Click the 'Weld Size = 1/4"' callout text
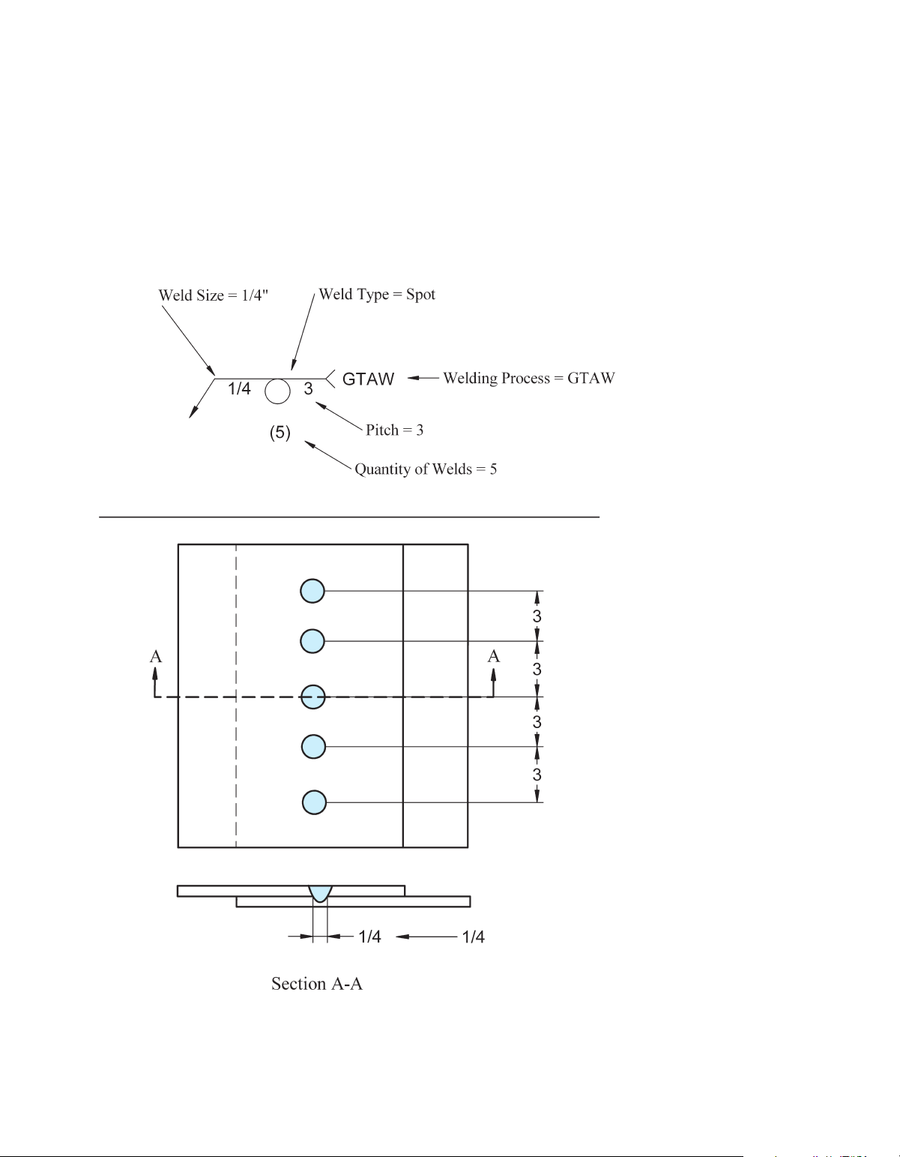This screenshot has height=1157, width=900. pyautogui.click(x=214, y=295)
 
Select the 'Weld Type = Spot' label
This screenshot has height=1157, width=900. pyautogui.click(x=377, y=294)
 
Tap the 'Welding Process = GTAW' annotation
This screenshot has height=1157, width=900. pyautogui.click(x=529, y=378)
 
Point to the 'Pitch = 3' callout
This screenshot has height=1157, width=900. pyautogui.click(x=395, y=430)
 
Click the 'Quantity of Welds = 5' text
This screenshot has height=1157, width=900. pyautogui.click(x=426, y=469)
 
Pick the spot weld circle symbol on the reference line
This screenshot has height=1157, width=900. pyautogui.click(x=277, y=391)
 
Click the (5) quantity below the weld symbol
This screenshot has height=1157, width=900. pyautogui.click(x=280, y=433)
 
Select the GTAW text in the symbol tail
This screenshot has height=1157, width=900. pyautogui.click(x=368, y=379)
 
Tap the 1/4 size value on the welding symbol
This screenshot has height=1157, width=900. pyautogui.click(x=239, y=388)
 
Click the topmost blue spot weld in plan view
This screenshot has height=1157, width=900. pyautogui.click(x=312, y=591)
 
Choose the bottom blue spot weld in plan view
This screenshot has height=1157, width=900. pyautogui.click(x=314, y=802)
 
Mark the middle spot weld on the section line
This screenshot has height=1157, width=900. pyautogui.click(x=312, y=697)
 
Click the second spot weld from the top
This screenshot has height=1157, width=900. pyautogui.click(x=312, y=641)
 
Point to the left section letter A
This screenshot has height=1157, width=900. pyautogui.click(x=156, y=657)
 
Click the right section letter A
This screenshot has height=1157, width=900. pyautogui.click(x=494, y=657)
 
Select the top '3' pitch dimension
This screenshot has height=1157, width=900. pyautogui.click(x=537, y=616)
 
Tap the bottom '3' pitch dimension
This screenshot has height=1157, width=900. pyautogui.click(x=537, y=775)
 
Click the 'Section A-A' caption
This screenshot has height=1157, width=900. pyautogui.click(x=317, y=984)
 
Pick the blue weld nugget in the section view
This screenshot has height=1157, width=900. pyautogui.click(x=320, y=892)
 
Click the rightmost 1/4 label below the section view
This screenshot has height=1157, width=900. pyautogui.click(x=473, y=937)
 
